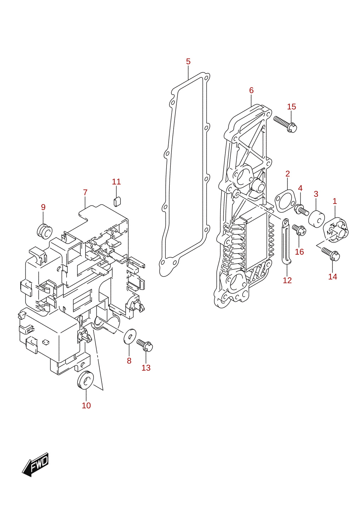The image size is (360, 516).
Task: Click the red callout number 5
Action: click(188, 61)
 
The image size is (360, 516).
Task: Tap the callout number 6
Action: click(251, 90)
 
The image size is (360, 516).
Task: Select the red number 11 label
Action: click(116, 182)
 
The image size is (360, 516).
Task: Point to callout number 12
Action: click(287, 280)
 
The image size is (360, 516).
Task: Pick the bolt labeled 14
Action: click(331, 254)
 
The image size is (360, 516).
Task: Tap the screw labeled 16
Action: click(299, 230)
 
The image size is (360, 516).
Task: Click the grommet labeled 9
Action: click(45, 231)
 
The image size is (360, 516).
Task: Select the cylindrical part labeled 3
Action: click(316, 218)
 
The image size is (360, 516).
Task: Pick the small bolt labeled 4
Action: click(301, 209)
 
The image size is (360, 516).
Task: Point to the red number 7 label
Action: click(85, 192)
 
